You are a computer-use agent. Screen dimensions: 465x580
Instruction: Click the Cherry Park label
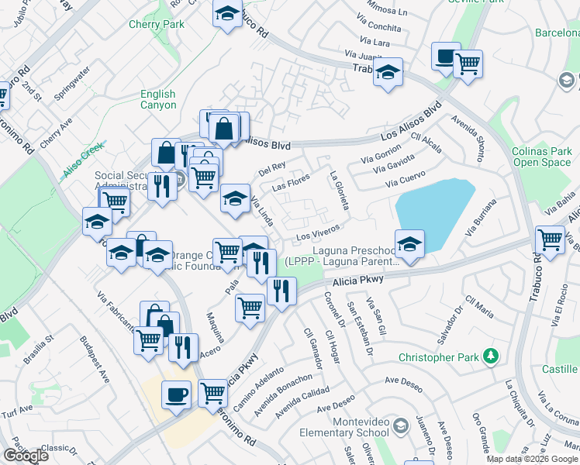click(157, 25)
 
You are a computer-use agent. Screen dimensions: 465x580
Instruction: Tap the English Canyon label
click(158, 100)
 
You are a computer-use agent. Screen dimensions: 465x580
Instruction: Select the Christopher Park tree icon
click(490, 356)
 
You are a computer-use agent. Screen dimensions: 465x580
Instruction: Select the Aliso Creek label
click(84, 160)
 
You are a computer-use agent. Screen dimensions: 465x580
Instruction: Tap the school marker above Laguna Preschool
click(409, 243)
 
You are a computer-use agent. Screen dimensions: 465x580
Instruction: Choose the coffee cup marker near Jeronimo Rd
click(176, 394)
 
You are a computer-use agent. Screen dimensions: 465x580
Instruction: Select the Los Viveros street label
click(318, 232)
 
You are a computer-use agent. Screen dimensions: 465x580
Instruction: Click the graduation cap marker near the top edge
click(227, 14)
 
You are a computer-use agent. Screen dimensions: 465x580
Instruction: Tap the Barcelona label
click(557, 33)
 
